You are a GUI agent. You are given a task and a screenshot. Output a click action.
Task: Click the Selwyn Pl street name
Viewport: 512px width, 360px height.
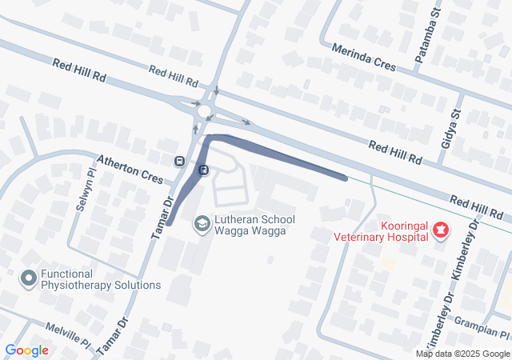[x=84, y=190]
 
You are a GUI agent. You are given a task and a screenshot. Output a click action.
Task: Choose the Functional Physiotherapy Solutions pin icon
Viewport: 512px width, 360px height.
[x=29, y=278]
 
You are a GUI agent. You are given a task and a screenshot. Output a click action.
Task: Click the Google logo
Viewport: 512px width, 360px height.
[x=26, y=350]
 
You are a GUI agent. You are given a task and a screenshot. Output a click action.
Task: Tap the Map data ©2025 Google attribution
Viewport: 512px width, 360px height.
[x=462, y=354]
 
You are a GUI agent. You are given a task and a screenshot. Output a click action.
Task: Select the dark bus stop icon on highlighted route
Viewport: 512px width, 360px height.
[x=203, y=170]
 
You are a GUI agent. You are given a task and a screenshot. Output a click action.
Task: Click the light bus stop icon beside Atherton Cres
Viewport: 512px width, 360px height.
[x=179, y=160]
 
